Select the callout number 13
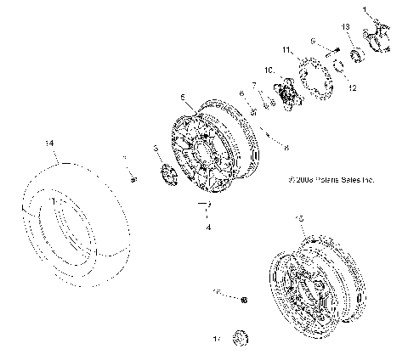(x=346, y=27)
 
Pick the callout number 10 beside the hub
(x=268, y=70)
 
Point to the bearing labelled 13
(x=352, y=53)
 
